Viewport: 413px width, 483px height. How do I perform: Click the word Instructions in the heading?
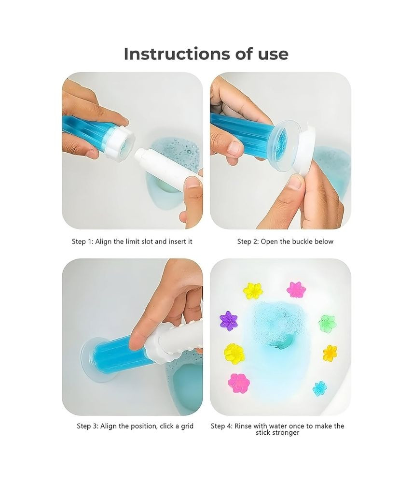[177, 54]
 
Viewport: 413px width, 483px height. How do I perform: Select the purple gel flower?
[229, 320]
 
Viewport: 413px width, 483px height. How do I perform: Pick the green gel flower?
[327, 324]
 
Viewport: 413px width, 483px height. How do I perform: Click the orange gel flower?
[330, 354]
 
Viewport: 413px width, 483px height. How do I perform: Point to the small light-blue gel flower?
[320, 389]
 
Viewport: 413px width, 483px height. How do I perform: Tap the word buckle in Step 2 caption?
[303, 241]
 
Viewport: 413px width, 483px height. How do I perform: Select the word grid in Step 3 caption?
[187, 426]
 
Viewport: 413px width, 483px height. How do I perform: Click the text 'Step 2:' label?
[248, 242]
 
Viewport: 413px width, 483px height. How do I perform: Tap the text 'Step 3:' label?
[87, 426]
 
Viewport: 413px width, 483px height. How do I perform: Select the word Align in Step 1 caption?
[103, 242]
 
